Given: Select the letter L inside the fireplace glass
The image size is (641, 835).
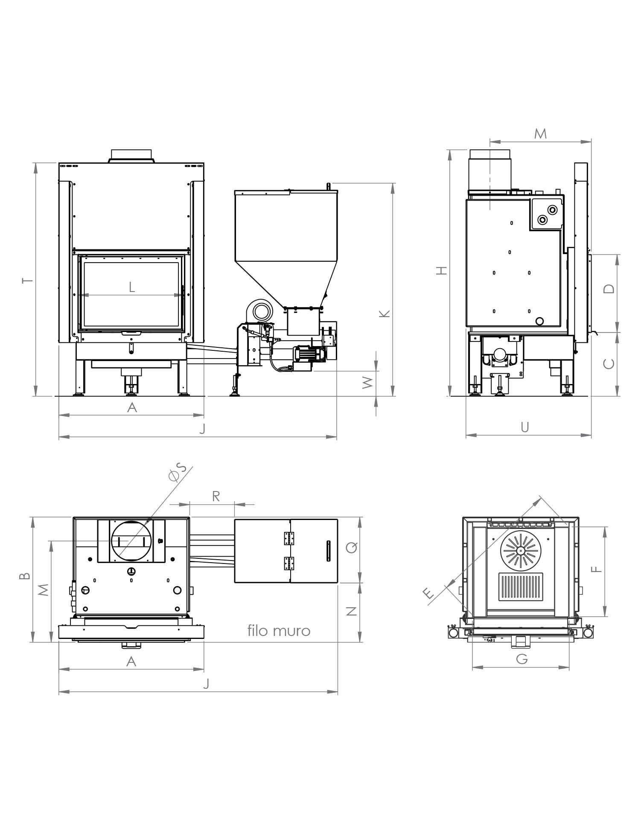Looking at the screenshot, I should (x=132, y=287).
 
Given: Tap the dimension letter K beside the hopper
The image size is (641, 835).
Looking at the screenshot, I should (x=385, y=314).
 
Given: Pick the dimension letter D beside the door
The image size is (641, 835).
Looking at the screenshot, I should (x=609, y=289).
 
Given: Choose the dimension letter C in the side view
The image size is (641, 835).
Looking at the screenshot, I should (x=609, y=364).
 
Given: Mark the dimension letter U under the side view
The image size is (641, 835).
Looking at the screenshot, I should (x=525, y=427).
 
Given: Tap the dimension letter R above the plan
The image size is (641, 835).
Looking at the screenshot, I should (x=216, y=496).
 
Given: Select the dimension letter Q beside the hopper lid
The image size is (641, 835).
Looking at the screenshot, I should (x=352, y=547).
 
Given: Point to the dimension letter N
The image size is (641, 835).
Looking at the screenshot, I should (x=352, y=611).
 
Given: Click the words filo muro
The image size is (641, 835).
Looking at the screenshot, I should (x=279, y=630).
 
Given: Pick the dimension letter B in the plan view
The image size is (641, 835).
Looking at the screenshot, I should (x=25, y=576).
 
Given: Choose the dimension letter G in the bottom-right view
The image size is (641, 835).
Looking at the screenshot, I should (x=522, y=659).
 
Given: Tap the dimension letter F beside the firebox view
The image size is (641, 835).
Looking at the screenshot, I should (x=597, y=569).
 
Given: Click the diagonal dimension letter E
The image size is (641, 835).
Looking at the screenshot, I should (x=429, y=593).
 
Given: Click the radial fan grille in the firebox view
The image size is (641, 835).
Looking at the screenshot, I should (x=521, y=550).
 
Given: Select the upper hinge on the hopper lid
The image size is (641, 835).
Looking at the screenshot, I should (x=289, y=538).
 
